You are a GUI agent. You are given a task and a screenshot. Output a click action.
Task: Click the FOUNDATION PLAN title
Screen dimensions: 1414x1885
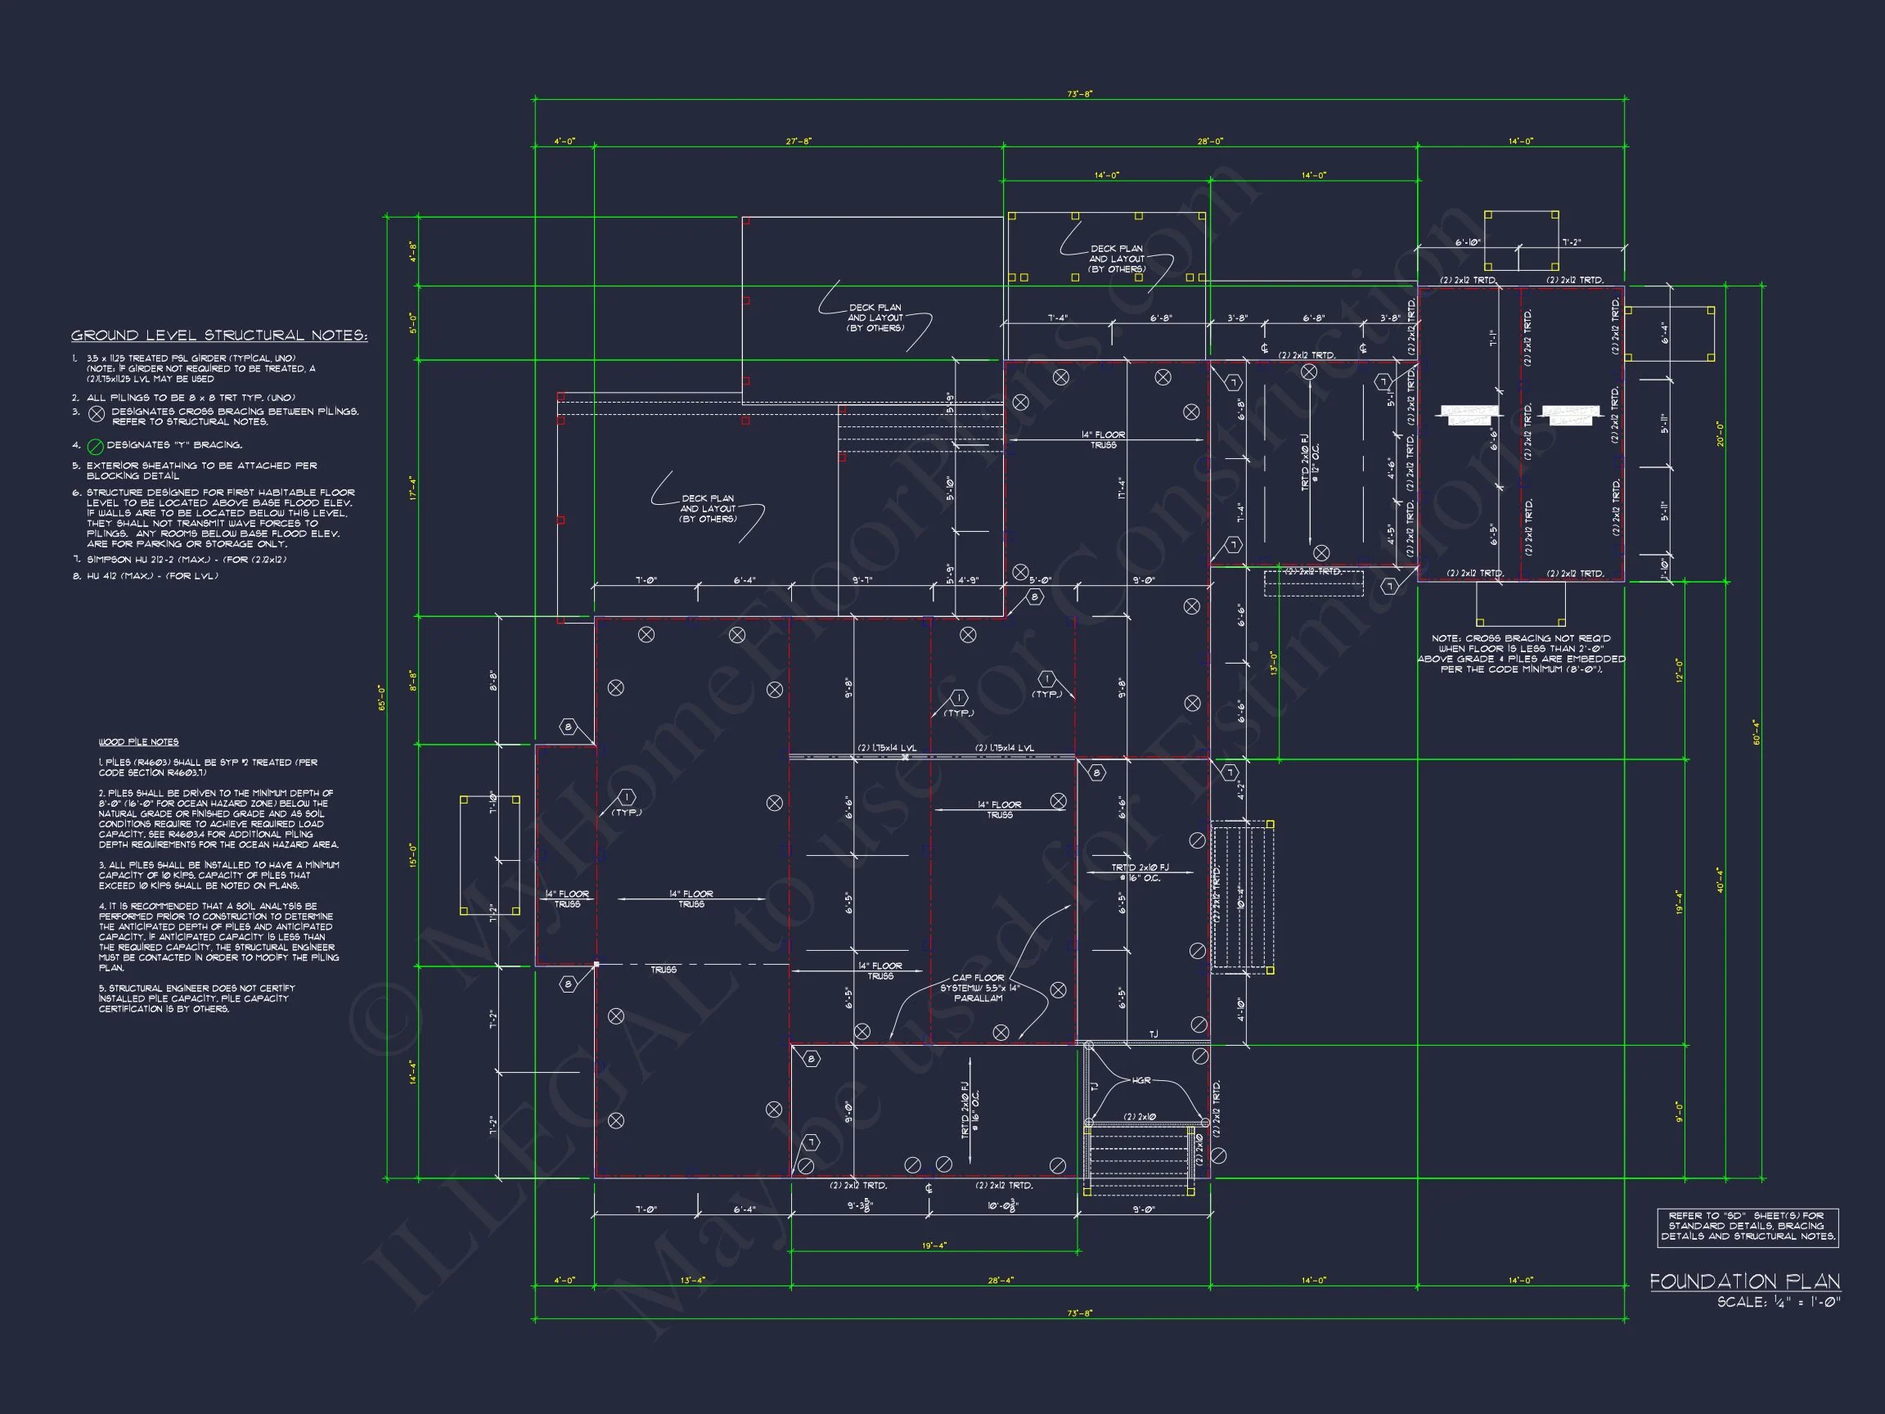(x=1743, y=1282)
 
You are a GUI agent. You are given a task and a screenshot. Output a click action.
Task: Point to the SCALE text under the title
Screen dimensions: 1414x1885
(x=1779, y=1303)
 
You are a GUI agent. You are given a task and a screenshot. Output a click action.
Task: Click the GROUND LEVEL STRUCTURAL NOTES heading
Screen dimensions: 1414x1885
(x=219, y=335)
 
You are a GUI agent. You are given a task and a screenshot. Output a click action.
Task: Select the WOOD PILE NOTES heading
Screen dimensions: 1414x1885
(x=138, y=741)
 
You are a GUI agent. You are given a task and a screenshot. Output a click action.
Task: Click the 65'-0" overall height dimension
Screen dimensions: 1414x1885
(x=383, y=698)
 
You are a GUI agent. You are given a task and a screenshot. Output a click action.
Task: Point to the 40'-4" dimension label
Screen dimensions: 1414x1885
(x=1721, y=880)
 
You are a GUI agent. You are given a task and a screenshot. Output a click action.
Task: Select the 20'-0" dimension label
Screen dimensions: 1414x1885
(x=1721, y=434)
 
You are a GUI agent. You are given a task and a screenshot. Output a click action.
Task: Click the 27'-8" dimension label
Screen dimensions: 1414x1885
(x=799, y=142)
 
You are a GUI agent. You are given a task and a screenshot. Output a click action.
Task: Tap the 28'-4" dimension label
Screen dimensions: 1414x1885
(x=1001, y=1280)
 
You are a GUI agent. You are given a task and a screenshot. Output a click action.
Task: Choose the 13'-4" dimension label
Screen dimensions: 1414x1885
(x=693, y=1280)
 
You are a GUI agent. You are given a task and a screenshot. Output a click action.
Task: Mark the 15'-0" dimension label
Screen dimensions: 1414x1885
(x=413, y=856)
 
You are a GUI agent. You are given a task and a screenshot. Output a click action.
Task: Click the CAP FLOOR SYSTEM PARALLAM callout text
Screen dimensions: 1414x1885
(x=978, y=988)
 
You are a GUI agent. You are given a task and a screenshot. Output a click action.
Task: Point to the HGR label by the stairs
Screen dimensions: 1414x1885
(x=1141, y=1081)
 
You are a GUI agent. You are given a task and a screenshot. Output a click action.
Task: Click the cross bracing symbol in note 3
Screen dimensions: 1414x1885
(x=97, y=414)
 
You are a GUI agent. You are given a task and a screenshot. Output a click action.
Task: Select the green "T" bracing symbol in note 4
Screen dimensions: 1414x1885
(x=97, y=446)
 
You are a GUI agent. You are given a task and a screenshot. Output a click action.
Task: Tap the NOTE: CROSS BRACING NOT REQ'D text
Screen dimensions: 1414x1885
(x=1521, y=654)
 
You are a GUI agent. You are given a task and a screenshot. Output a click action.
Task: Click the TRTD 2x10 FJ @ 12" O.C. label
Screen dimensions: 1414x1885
(x=1310, y=462)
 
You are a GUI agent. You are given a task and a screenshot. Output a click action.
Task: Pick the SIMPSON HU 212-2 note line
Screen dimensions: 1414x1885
(x=186, y=560)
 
